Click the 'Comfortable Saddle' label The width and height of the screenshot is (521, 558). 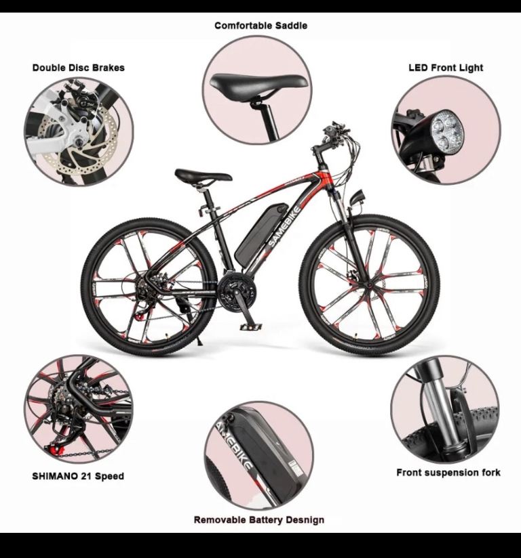[x=260, y=26]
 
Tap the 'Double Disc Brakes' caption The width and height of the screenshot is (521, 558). [x=79, y=68]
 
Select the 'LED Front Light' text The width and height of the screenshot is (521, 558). [x=446, y=68]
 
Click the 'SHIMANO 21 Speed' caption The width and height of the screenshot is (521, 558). [x=78, y=476]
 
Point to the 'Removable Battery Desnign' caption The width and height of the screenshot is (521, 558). [x=259, y=519]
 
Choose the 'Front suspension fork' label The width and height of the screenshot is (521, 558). [x=448, y=473]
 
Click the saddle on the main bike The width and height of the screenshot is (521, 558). [x=203, y=176]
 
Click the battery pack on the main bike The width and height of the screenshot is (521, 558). [x=260, y=232]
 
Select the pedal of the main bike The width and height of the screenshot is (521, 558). [x=251, y=326]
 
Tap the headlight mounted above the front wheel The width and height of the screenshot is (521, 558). [x=357, y=197]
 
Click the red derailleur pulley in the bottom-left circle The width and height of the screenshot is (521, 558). [x=56, y=450]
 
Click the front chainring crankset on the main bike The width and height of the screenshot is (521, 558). [x=235, y=294]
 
